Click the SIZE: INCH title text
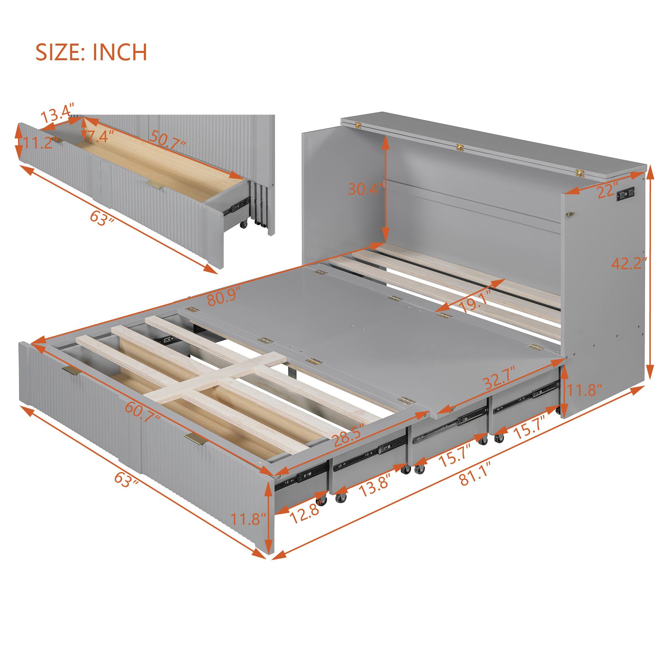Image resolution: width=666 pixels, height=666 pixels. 91,52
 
